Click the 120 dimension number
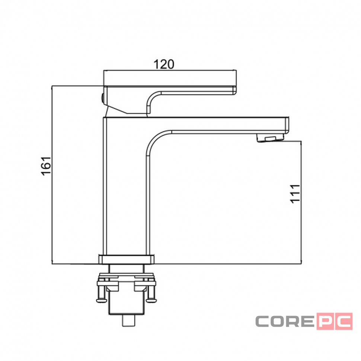tap(164, 64)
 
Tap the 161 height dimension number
tap(46, 166)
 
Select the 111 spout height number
tap(295, 194)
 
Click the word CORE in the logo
tap(285, 321)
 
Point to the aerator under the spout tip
tap(270, 138)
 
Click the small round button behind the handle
tap(103, 98)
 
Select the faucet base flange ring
tap(127, 259)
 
